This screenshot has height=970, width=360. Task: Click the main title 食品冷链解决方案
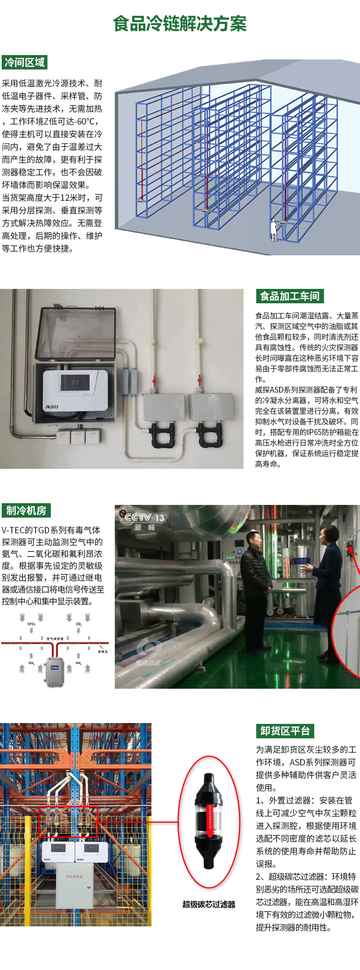180,24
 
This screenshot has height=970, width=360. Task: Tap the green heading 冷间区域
24,63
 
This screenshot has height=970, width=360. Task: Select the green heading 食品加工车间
290,296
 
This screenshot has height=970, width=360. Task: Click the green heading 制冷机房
26,510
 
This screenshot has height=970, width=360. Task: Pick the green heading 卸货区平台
285,731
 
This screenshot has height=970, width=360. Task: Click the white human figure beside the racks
274,230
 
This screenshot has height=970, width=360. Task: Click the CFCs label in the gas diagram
31,624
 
